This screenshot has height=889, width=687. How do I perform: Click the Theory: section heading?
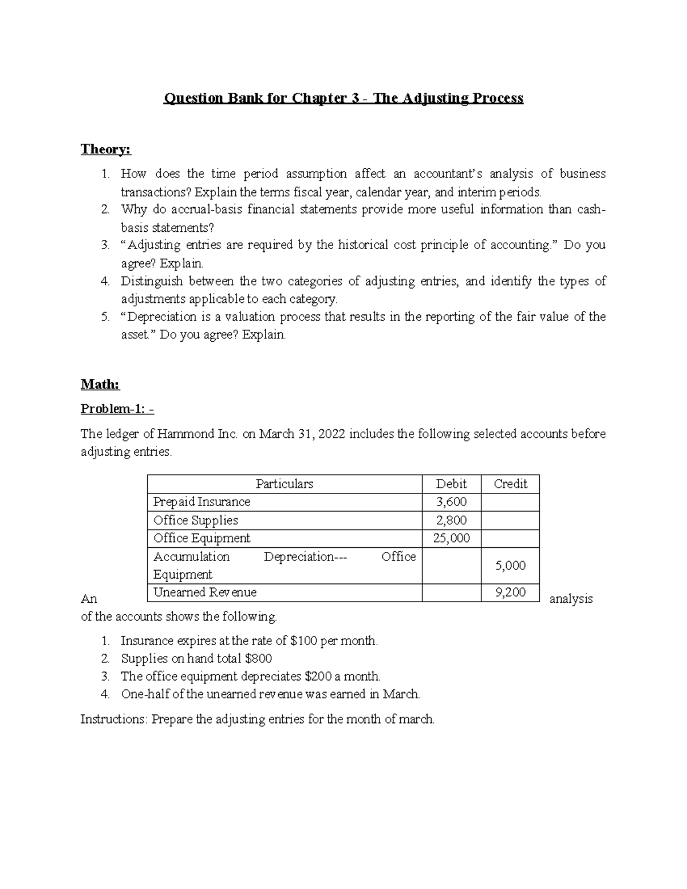point(106,149)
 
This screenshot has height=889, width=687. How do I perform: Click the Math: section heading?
point(100,385)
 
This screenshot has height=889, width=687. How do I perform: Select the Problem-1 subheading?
point(117,409)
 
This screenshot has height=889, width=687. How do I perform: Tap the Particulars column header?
point(284,484)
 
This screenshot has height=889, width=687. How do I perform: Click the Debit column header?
point(451,484)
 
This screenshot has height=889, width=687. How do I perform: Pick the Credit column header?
point(510,484)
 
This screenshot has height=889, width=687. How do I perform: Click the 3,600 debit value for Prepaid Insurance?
point(451,502)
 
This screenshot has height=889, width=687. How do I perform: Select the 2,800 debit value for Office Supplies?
point(451,520)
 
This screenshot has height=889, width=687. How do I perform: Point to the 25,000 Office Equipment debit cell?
point(451,538)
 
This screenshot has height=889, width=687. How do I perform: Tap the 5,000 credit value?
point(510,566)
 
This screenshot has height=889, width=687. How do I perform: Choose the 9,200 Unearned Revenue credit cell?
point(510,592)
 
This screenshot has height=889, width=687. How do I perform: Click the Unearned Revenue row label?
point(205,592)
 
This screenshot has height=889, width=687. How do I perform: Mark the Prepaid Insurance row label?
point(202,502)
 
